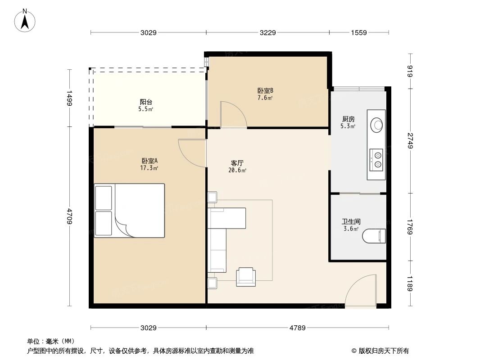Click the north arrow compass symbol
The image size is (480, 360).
point(26,20)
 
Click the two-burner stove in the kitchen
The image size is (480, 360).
point(376,158)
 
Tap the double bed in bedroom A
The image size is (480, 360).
point(129,210)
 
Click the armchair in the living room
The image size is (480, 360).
point(246,276)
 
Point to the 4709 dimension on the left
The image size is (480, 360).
point(69,216)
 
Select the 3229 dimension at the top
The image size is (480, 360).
point(267,32)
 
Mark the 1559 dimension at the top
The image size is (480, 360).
point(359,32)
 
